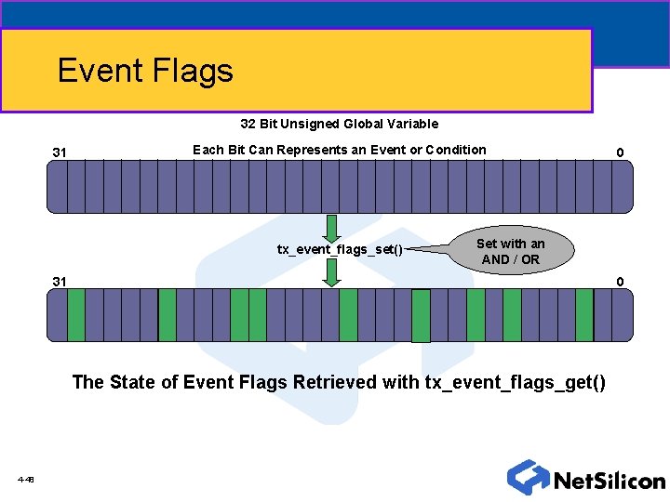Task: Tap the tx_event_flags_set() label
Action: click(x=341, y=248)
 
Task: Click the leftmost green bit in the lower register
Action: click(x=76, y=314)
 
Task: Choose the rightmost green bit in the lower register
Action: click(x=584, y=314)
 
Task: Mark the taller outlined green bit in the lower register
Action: click(x=421, y=316)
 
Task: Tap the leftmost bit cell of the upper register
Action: click(x=57, y=186)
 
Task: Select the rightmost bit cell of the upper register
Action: click(x=623, y=186)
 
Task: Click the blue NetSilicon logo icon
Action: click(x=528, y=477)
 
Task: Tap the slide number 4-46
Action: click(x=25, y=480)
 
